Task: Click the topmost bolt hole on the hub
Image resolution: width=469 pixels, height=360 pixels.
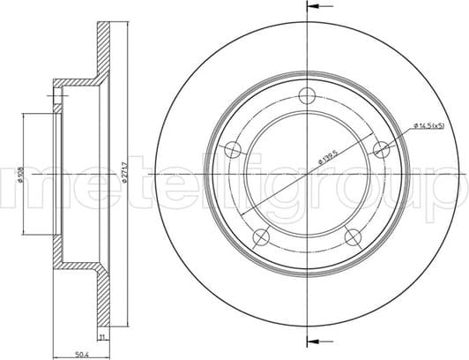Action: [307, 98]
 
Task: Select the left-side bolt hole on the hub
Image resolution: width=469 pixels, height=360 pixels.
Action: [234, 149]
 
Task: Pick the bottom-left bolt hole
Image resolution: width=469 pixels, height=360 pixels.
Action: [261, 236]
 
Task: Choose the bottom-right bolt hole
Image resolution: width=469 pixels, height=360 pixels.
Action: [353, 236]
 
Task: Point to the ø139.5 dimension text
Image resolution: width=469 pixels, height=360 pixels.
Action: [325, 159]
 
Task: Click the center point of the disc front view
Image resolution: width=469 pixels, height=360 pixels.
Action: [307, 176]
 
